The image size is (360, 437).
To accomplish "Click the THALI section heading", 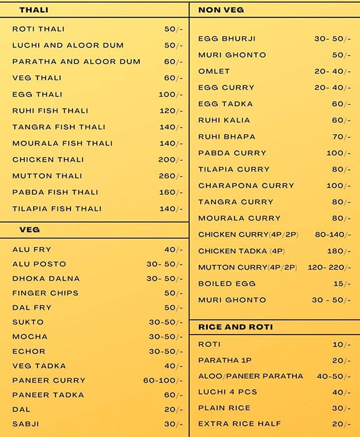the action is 34,10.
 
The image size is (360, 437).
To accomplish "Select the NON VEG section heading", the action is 221,10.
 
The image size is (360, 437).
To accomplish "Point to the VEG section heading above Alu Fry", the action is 29,230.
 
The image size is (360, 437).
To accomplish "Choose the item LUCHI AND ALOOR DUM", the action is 68,46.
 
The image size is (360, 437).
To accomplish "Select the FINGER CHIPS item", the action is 46,293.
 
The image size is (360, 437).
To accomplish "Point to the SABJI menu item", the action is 26,424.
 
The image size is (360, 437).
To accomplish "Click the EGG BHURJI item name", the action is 226,39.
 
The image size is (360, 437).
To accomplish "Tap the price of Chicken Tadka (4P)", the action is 339,251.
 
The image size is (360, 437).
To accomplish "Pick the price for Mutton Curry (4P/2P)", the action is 329,267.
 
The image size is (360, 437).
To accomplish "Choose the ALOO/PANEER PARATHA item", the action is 250,376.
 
